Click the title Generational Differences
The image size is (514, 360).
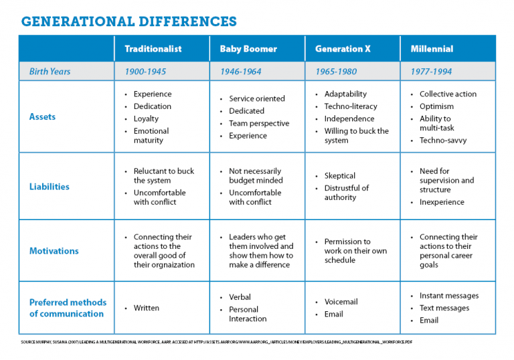click(x=128, y=21)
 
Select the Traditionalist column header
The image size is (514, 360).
click(x=153, y=49)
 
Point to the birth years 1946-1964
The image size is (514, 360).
click(x=240, y=72)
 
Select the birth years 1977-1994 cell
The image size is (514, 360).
click(x=431, y=72)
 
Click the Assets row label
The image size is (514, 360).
click(x=42, y=116)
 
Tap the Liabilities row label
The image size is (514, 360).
click(x=49, y=187)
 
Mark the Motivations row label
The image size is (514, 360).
click(x=54, y=251)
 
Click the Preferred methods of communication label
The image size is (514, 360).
click(x=67, y=308)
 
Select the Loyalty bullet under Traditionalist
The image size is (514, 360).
click(x=146, y=118)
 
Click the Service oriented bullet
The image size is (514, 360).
click(x=256, y=98)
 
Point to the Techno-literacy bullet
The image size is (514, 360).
click(x=351, y=106)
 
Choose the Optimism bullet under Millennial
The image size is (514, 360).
click(x=436, y=106)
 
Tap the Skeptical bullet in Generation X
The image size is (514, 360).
click(x=340, y=176)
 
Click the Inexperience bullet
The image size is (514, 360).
click(x=442, y=202)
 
